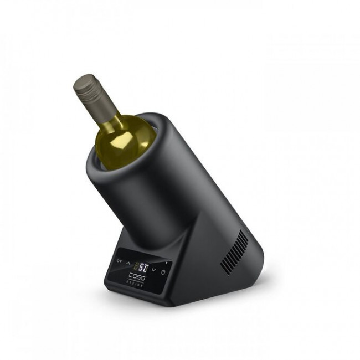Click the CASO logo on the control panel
pos(137,276)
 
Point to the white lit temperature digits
pos(143,267)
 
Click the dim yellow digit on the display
pos(136,266)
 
